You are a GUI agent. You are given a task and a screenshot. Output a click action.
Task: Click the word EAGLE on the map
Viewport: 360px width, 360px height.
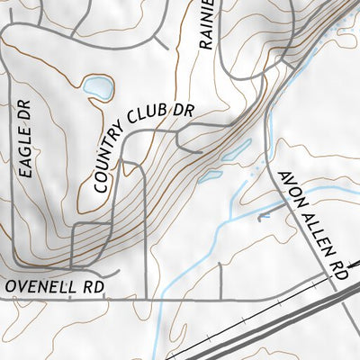pos(23,151)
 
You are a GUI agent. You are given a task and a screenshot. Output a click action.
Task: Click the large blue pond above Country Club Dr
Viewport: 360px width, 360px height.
pos(98,88)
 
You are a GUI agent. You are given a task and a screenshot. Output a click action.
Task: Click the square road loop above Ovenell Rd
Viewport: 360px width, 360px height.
pos(89,243)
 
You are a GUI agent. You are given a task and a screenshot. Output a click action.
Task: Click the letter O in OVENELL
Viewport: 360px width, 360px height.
pos(10,287)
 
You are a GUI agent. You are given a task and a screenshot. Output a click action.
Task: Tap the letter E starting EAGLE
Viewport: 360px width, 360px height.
pos(24,171)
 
